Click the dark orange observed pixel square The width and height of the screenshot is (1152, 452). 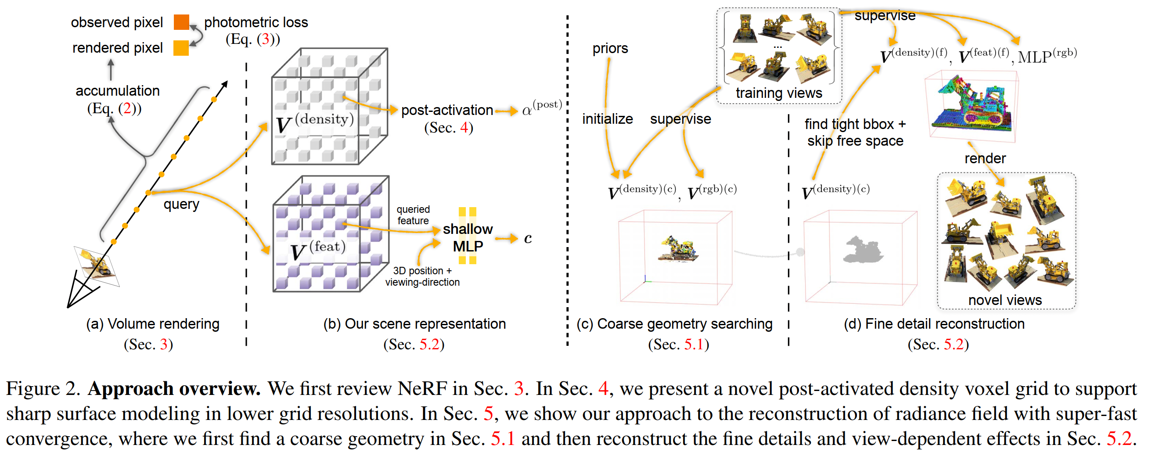181,22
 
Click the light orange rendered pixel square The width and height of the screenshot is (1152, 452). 181,48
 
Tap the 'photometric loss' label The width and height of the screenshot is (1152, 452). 256,22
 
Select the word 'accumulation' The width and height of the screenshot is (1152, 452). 117,91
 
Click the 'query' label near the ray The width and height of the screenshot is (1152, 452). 181,204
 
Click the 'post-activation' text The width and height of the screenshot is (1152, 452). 447,110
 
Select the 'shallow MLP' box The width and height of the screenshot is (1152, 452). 467,237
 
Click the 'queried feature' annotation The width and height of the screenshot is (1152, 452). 413,215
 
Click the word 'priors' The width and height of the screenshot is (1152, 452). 610,48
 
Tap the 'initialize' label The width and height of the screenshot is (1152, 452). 607,119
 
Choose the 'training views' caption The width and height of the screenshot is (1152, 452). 778,93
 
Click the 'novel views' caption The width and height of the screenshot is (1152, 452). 1004,300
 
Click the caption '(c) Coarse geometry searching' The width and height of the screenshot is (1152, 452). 674,324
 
